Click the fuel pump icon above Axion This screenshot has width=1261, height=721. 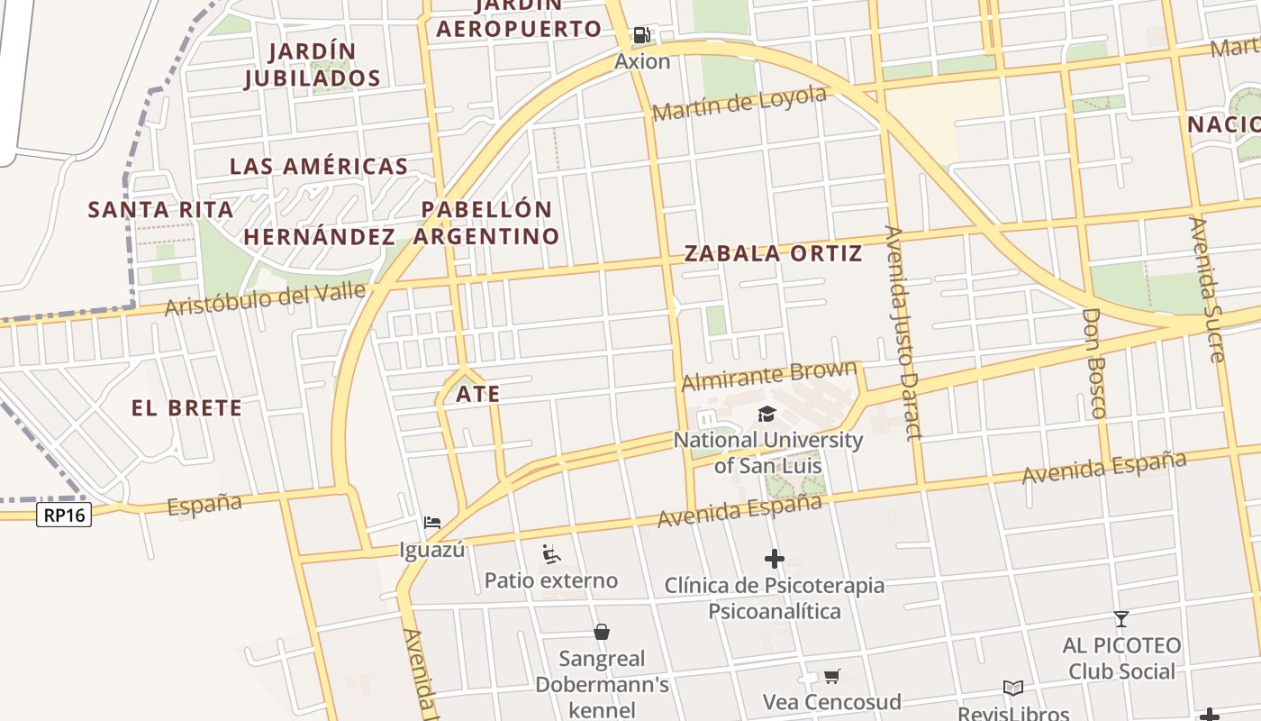pos(641,35)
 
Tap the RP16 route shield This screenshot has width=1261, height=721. pos(65,515)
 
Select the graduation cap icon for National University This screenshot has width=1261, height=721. pos(767,414)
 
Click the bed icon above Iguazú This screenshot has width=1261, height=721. pos(432,523)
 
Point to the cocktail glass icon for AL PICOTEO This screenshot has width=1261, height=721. pos(1121,619)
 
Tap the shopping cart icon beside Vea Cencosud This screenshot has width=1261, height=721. pos(832,676)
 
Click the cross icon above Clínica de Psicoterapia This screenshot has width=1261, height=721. pos(774,559)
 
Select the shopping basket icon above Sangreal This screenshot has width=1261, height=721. pos(602,632)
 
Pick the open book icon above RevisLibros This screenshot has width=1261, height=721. pos(1013,689)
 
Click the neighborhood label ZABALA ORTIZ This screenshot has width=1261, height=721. pos(773,253)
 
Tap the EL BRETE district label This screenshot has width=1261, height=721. pos(186,408)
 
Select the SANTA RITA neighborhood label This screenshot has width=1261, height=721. pos(160,210)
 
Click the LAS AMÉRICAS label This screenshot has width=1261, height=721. pos(319,167)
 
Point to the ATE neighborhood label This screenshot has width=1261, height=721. pos(477,394)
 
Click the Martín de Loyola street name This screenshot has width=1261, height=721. pos(739,103)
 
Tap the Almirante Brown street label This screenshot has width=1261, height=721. pos(768,375)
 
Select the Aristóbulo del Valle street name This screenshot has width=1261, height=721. pos(265,298)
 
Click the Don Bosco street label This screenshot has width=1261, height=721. pos(1093,362)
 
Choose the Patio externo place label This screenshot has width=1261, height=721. pos(551,580)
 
